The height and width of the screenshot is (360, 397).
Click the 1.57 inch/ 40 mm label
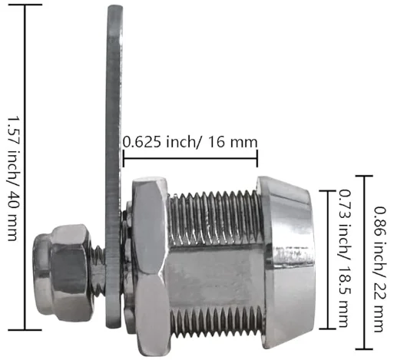point(13,178)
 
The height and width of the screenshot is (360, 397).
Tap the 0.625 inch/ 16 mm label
point(190,142)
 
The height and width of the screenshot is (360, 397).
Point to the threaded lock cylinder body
point(211,261)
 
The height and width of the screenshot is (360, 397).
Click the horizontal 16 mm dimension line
point(190,160)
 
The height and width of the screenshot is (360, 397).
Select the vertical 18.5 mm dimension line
point(331,257)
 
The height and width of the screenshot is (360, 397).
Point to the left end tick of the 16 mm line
point(124,160)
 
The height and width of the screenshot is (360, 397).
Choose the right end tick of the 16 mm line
point(256,160)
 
